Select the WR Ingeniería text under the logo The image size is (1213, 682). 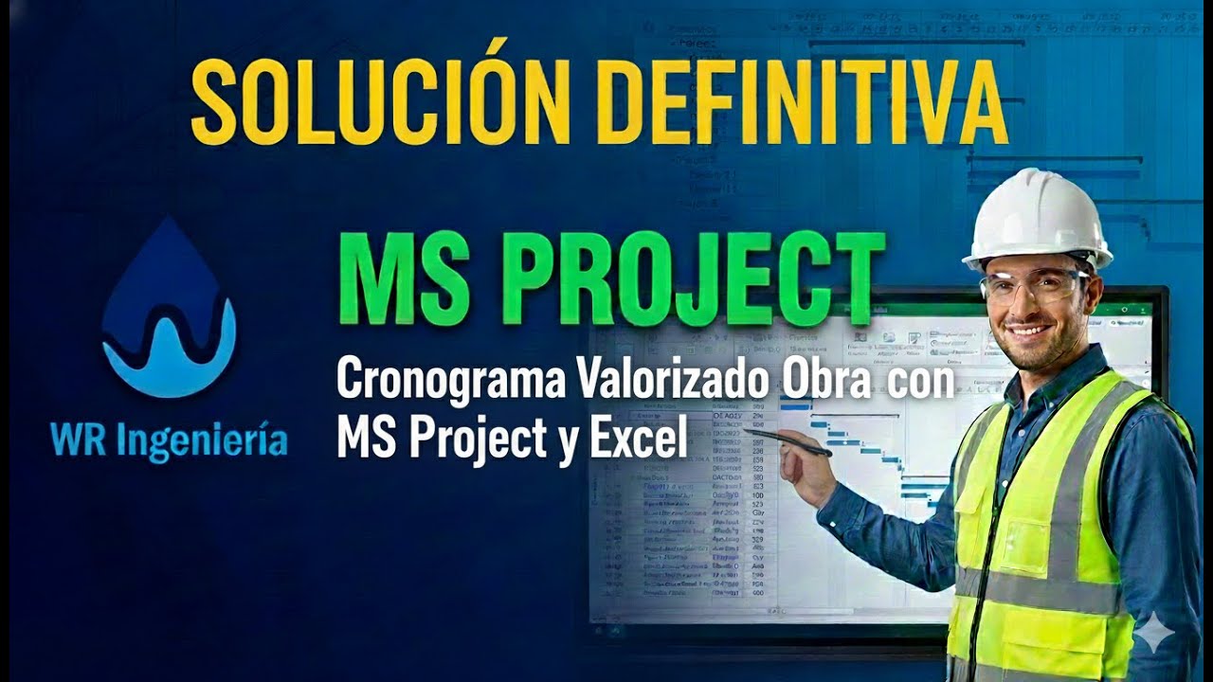pyautogui.click(x=170, y=441)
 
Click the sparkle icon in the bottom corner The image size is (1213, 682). pyautogui.click(x=1154, y=633)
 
